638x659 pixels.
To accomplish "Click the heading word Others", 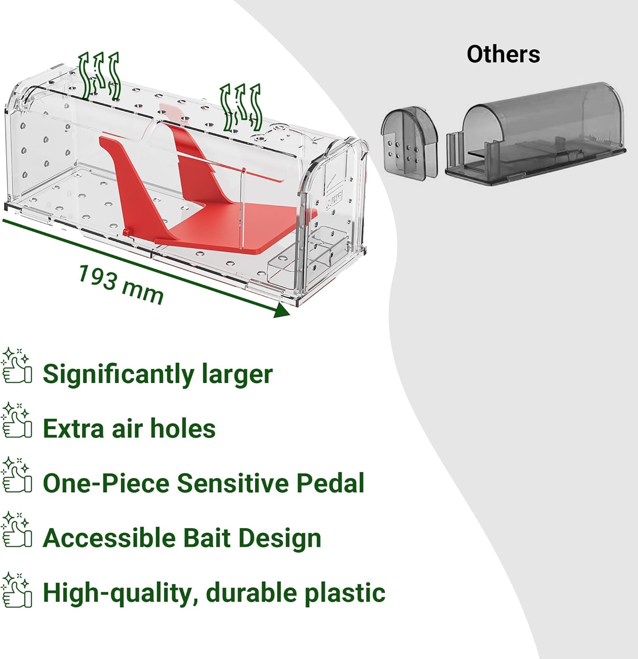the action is tap(503, 54).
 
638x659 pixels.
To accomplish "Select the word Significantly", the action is tap(118, 375).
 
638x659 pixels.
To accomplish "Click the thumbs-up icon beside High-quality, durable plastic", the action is tap(16, 590).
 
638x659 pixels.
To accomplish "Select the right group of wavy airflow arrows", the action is tap(241, 108).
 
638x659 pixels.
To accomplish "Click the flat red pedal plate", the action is tap(237, 226).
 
